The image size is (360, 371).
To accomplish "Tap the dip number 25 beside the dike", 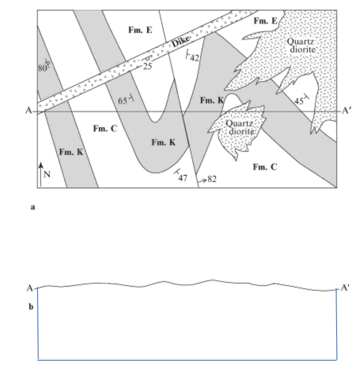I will [147, 67].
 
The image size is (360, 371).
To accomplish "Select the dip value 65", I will [123, 100].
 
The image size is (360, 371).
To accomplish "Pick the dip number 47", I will [183, 178].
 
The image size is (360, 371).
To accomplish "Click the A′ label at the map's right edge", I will [346, 111].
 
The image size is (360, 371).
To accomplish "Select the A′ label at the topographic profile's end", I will [345, 288].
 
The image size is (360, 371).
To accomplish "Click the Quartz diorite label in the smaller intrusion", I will [240, 127].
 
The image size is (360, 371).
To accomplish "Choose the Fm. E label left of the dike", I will [140, 30].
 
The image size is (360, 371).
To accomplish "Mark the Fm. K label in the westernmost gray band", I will [71, 152].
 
